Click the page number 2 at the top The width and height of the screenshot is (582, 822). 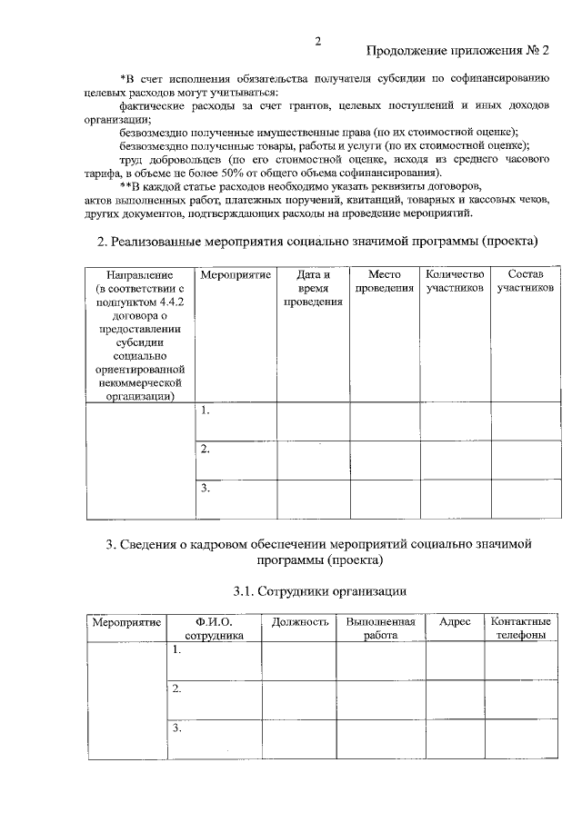tap(317, 41)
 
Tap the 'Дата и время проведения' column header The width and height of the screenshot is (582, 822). tap(313, 288)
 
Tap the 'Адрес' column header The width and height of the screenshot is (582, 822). tap(455, 622)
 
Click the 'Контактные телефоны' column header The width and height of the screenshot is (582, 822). tap(520, 629)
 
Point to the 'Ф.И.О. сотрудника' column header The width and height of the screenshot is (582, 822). tap(215, 629)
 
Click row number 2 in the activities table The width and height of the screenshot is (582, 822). tap(206, 449)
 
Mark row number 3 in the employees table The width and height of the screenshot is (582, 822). tap(178, 728)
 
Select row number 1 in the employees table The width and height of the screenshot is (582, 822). tap(178, 650)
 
